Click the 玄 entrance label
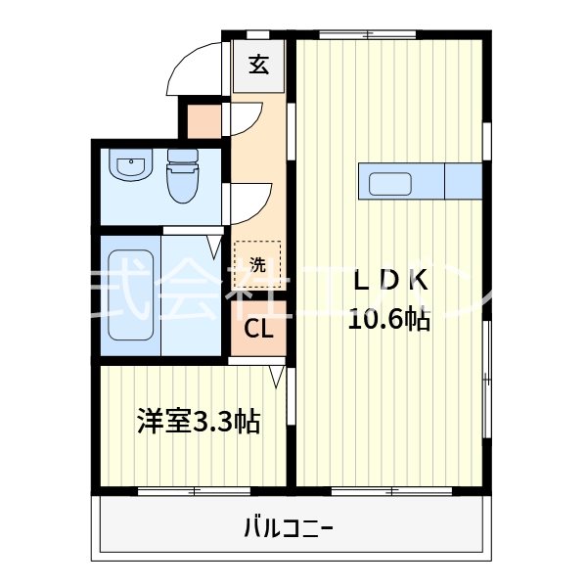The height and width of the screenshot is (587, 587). coord(258,66)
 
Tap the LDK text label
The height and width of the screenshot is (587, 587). coord(389,281)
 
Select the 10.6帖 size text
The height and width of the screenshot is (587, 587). coord(389,318)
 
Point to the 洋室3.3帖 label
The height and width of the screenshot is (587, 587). coord(199,423)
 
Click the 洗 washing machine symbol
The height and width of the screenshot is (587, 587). coord(257,262)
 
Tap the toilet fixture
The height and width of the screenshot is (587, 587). coord(181,176)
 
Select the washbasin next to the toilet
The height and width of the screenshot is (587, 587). coord(128,169)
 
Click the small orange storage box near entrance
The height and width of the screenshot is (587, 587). coord(204,120)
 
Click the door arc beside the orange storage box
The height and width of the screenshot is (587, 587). coord(247,120)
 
